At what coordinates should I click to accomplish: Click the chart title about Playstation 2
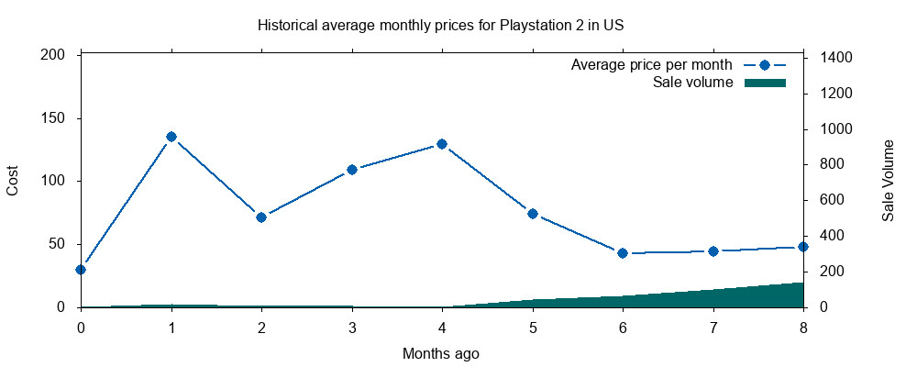tap(440, 25)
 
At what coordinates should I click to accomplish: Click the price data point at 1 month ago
tap(171, 137)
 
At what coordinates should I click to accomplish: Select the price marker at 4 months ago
tap(442, 144)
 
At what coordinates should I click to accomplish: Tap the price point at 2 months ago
tap(261, 217)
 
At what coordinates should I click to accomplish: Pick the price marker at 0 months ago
tap(81, 270)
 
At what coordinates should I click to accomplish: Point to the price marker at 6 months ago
tap(623, 253)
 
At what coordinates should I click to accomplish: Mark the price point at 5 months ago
tap(533, 214)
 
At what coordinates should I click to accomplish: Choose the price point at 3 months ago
tap(352, 170)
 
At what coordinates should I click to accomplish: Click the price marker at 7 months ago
tap(713, 250)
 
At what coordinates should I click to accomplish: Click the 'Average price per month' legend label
tap(651, 65)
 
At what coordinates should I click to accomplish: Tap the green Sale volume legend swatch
tap(765, 83)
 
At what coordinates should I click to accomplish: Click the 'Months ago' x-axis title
tap(440, 353)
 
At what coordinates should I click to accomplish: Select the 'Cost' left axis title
tap(13, 181)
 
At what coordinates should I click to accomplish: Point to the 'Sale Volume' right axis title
tap(888, 181)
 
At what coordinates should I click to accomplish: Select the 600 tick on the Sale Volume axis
tap(831, 200)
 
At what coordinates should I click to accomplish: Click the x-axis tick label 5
tap(533, 327)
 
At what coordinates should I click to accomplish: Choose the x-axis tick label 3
tap(352, 327)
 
